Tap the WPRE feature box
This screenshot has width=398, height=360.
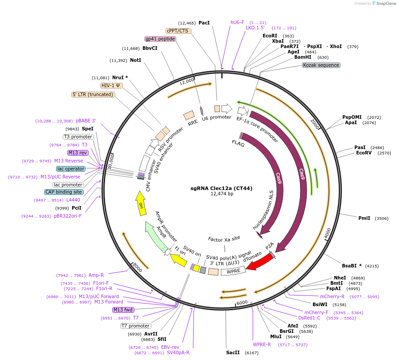[233, 271]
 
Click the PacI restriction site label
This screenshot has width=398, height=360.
[204, 23]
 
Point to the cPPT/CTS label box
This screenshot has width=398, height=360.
[178, 31]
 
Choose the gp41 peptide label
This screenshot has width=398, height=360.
[160, 39]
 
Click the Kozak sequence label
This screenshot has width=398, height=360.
[321, 65]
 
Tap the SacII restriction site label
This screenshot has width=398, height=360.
[233, 352]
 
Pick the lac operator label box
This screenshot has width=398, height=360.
[71, 169]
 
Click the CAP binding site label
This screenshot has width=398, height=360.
[64, 192]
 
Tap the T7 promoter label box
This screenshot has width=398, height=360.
[135, 326]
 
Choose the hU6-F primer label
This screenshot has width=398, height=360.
[237, 22]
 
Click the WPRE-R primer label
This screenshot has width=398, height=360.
[262, 344]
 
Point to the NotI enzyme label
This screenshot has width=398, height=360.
[136, 60]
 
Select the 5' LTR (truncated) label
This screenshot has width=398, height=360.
[93, 94]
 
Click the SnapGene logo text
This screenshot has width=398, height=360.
[385, 4]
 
